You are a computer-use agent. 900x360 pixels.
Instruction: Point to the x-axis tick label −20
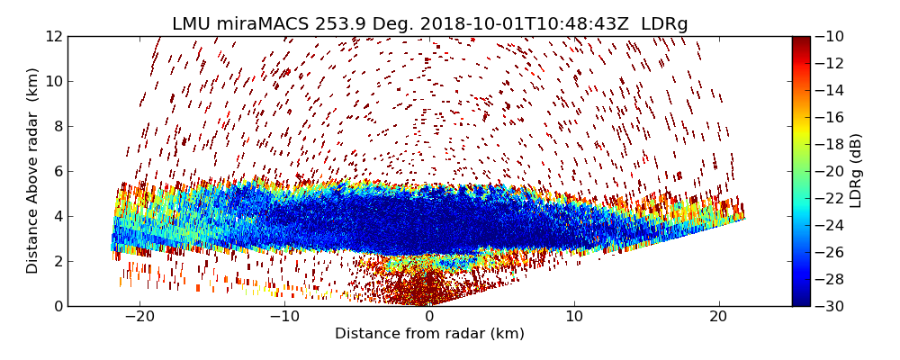coord(139,317)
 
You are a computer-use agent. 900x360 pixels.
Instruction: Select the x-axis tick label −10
coord(284,317)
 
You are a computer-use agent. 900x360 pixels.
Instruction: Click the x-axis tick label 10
coord(574,317)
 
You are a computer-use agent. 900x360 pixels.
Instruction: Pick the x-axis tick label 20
coord(718,317)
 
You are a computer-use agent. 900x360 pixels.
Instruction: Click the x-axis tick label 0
coord(429,317)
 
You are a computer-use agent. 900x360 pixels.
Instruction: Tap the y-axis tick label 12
coord(55,36)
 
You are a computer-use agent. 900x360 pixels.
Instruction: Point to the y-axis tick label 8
coord(58,126)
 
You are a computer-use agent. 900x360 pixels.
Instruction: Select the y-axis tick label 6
coord(58,171)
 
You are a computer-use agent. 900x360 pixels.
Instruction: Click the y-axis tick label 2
coord(58,261)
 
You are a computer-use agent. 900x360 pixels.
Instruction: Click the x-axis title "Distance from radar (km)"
coord(429,334)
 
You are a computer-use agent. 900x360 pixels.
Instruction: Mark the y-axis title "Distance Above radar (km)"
coord(33,171)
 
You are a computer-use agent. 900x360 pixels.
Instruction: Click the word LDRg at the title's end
coord(664,24)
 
